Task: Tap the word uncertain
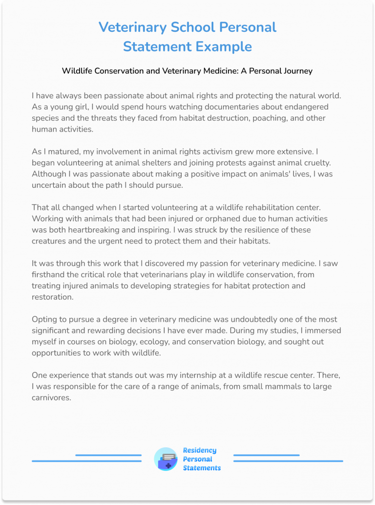52,185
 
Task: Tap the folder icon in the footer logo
166,460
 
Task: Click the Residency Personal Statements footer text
201,459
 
